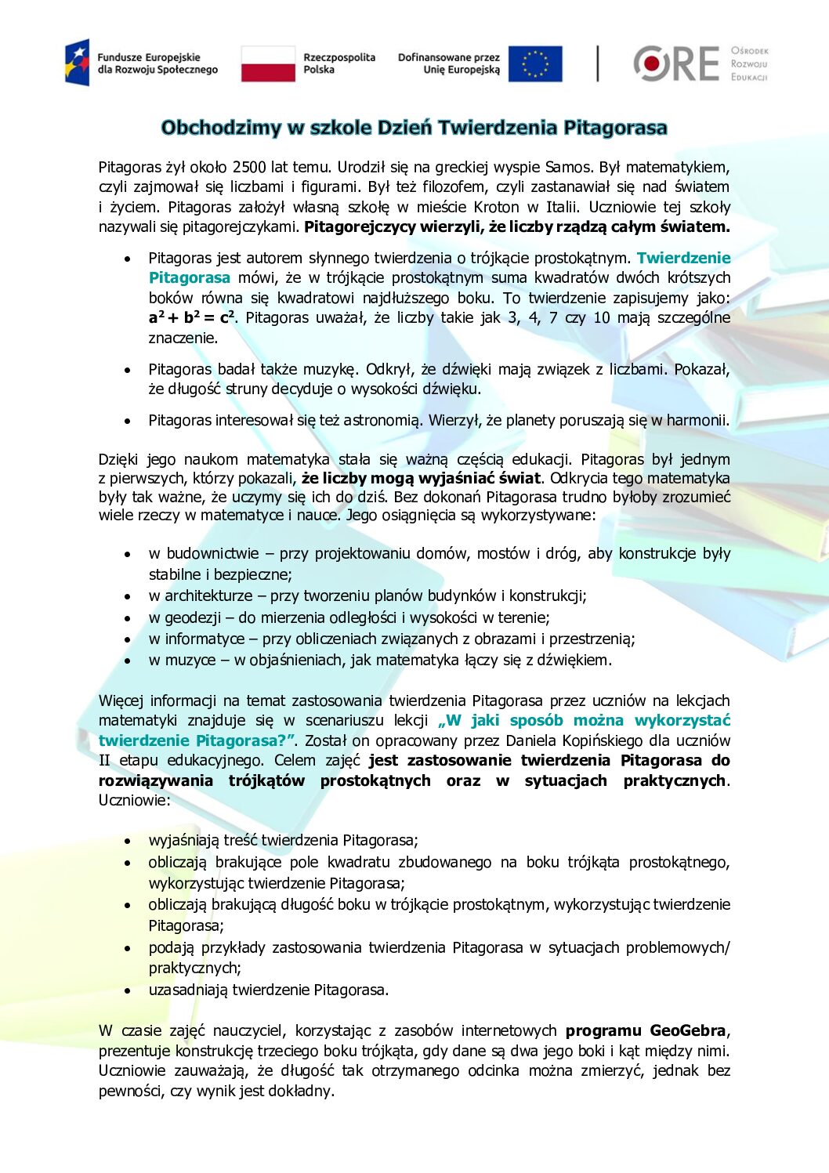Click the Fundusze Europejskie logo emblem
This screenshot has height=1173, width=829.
(78, 63)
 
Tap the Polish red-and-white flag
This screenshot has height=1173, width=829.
(268, 63)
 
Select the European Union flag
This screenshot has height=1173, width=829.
(535, 63)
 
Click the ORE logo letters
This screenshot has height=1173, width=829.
(676, 63)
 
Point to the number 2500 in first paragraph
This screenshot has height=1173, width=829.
(249, 167)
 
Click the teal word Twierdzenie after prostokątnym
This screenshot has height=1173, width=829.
(683, 258)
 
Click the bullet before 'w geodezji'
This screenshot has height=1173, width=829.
(127, 618)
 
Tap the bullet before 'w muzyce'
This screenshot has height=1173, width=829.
(127, 661)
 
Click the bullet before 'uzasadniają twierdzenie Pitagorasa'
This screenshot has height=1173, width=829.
(127, 990)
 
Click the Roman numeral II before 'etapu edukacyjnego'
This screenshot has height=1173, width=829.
(105, 760)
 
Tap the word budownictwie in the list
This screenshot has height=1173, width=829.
(212, 553)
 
